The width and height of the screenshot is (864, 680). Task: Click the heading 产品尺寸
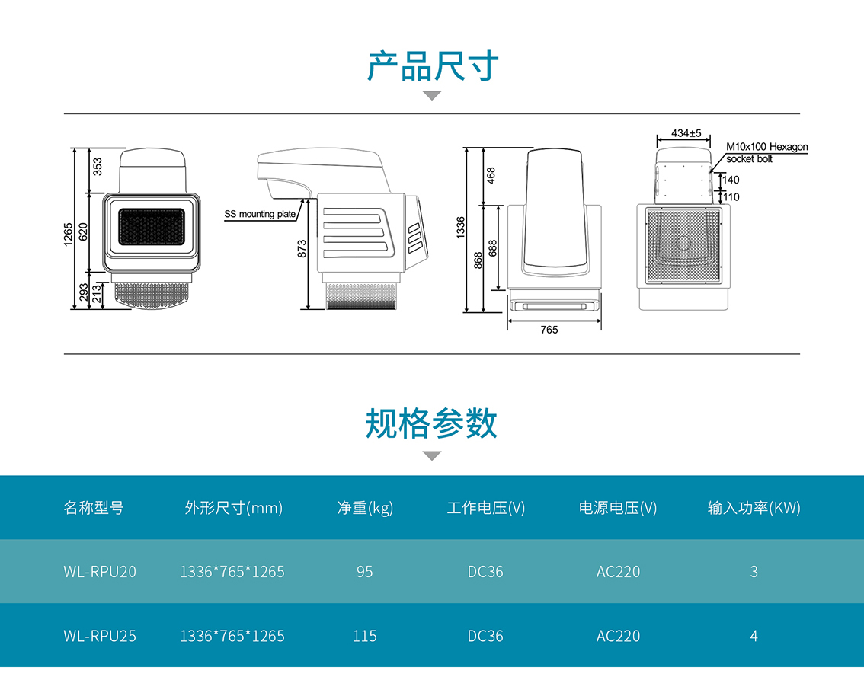432,66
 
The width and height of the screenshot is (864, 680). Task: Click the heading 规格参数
431,423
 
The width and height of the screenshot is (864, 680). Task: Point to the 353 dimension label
97,166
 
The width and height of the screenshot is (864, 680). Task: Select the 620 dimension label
84,231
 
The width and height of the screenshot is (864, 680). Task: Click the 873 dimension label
302,248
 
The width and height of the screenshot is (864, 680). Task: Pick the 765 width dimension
549,330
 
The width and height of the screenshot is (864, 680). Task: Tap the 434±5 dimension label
686,133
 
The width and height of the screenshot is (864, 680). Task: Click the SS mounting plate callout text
260,215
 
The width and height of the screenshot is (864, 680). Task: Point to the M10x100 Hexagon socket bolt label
766,153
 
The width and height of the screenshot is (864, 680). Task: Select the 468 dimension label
491,175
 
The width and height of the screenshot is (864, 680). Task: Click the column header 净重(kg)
365,508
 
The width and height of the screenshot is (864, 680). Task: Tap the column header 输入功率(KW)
754,508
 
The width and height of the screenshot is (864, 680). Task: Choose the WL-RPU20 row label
100,571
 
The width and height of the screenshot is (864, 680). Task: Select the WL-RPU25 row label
100,635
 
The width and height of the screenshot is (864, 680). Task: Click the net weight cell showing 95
365,571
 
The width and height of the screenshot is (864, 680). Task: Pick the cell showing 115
365,635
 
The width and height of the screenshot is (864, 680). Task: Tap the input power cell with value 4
754,635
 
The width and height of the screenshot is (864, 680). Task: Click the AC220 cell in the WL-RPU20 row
618,571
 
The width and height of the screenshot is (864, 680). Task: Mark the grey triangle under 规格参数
432,456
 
